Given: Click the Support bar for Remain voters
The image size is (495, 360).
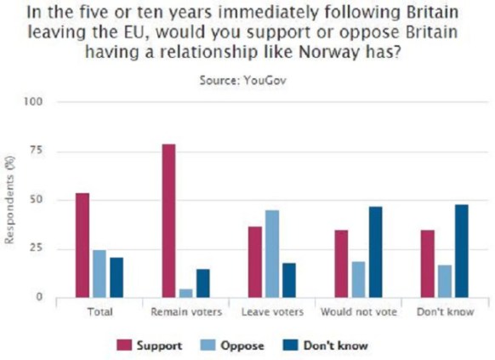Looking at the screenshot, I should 168,221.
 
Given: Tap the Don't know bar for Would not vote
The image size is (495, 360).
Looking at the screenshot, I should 374,253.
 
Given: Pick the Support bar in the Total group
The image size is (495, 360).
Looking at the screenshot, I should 82,246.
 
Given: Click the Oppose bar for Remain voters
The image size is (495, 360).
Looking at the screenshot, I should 186,294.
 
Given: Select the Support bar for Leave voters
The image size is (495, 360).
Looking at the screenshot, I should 255,262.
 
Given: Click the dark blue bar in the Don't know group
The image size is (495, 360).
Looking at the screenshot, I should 461,252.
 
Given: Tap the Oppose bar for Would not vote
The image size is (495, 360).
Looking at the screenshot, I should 358,280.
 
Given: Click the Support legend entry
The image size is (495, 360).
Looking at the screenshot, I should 147,346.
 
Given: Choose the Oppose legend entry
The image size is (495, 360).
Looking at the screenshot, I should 235,346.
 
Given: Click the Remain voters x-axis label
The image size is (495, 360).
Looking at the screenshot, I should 186,312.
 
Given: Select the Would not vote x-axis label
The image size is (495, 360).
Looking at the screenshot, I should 358,312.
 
